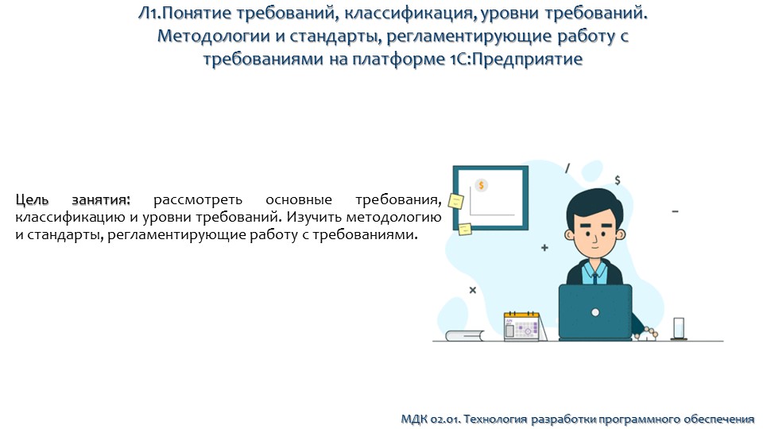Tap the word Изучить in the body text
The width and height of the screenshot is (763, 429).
[316, 216]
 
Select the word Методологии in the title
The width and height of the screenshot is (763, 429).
[209, 36]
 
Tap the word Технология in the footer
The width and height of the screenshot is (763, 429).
[490, 418]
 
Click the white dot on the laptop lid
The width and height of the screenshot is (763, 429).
[595, 313]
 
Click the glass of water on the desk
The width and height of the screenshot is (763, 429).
[679, 328]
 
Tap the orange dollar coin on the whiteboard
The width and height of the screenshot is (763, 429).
[481, 185]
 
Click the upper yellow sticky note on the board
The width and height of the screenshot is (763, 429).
[456, 201]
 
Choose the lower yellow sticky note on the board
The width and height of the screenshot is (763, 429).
[463, 229]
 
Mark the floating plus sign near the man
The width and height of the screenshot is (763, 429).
[544, 248]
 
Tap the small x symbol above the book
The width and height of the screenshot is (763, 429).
[472, 290]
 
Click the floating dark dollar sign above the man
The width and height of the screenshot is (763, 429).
[618, 180]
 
